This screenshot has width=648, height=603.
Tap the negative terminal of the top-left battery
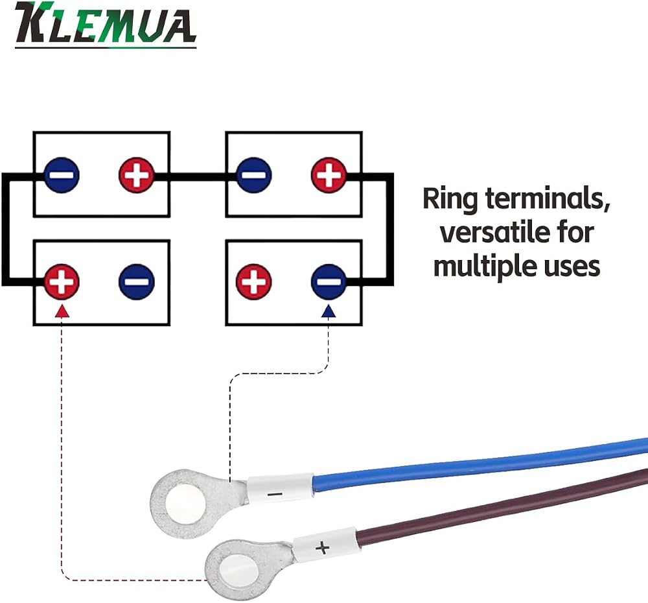62,175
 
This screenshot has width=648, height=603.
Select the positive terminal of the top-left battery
136,175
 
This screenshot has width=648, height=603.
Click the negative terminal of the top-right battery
254,175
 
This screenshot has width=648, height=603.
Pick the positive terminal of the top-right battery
329,175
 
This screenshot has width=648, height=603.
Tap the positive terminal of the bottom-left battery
62,281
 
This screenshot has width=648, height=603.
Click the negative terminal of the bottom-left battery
136,281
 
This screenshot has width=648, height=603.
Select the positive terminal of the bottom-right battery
254,281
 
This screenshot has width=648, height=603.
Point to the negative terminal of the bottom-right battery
329,281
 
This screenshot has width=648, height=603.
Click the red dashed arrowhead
62,311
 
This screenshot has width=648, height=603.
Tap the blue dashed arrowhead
329,311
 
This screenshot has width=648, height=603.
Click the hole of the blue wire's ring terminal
185,505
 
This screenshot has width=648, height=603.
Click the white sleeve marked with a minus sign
281,488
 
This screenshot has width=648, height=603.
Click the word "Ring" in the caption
450,199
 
